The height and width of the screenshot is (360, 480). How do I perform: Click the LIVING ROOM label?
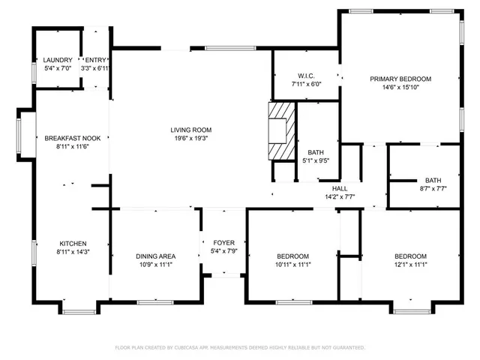190,129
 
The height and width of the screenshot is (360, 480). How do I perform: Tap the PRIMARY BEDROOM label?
400,79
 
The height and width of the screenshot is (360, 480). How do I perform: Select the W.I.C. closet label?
306,75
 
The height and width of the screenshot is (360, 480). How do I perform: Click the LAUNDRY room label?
58,60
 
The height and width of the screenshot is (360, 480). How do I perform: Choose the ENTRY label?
96,60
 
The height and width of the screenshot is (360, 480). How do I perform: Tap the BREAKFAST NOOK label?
73,138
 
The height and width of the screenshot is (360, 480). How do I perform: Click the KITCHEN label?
73,244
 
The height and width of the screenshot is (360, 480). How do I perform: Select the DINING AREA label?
156,256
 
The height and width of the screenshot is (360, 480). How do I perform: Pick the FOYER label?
223,242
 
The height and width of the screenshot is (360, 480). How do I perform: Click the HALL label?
340,188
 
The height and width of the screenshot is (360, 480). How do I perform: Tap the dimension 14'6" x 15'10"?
400,87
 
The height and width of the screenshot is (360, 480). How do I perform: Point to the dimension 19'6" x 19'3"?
190,138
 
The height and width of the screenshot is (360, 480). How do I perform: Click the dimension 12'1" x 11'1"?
410,265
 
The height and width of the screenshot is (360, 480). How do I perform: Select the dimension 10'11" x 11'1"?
292,265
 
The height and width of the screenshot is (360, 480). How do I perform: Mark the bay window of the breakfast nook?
25,135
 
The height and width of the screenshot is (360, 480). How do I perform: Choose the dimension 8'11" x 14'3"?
73,253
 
